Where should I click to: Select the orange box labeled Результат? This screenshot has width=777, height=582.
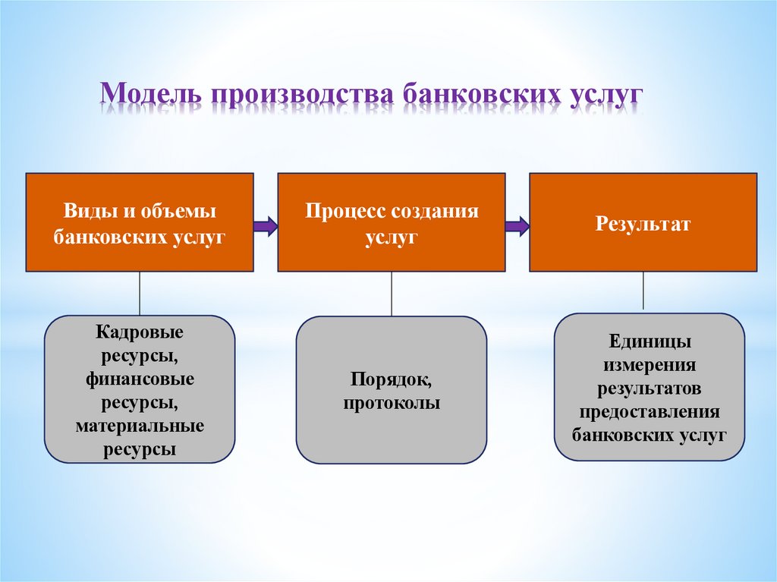643,222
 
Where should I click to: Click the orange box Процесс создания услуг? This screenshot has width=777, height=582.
391,222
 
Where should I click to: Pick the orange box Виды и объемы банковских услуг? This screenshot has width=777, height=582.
140,222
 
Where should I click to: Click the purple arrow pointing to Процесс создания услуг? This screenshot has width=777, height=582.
266,225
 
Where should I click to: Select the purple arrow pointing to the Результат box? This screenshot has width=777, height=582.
517,225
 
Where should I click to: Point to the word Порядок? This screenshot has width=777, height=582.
391,378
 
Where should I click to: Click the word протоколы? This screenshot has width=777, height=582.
391,403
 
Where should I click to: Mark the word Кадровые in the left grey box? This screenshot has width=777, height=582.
140,332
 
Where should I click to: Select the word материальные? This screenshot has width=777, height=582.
140,426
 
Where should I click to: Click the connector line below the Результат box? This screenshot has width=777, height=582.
643,291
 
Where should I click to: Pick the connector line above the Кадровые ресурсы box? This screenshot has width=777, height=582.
140,293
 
